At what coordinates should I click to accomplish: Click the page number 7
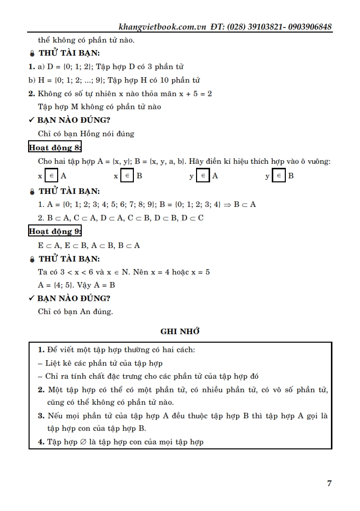pyautogui.click(x=329, y=483)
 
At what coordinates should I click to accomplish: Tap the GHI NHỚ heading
pyautogui.click(x=180, y=331)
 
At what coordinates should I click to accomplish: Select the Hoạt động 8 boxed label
pyautogui.click(x=55, y=147)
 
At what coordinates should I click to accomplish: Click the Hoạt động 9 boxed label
pyautogui.click(x=55, y=231)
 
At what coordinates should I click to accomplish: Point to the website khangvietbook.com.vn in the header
pyautogui.click(x=161, y=27)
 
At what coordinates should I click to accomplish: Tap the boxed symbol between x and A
pyautogui.click(x=52, y=176)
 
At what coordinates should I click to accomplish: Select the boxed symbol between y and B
pyautogui.click(x=279, y=176)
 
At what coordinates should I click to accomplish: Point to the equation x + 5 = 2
pyautogui.click(x=196, y=94)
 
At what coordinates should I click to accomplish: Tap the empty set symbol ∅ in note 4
pyautogui.click(x=82, y=442)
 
